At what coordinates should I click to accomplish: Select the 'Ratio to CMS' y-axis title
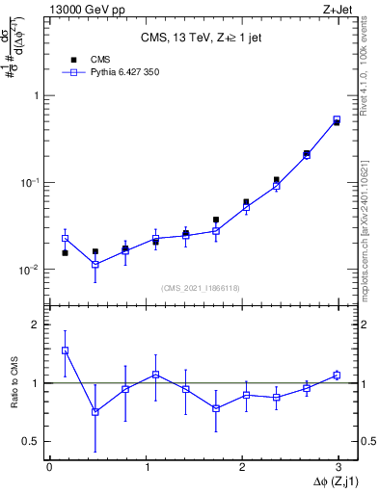14,383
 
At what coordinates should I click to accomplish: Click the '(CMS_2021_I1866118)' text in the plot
203,287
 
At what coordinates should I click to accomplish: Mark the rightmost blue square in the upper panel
337,119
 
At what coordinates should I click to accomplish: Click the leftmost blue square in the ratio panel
65,350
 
